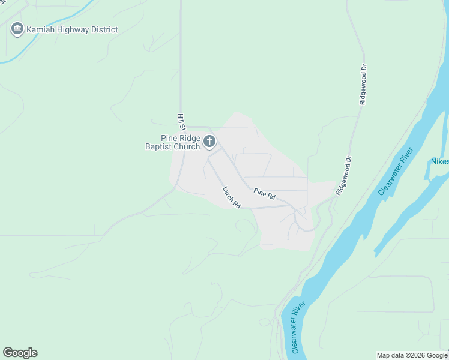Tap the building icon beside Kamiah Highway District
tap(17, 29)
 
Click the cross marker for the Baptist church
tap(209, 142)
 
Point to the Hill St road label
tap(181, 122)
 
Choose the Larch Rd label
tap(231, 197)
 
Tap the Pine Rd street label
tap(264, 194)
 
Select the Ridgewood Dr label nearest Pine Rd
tap(343, 176)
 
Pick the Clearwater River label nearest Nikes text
tap(397, 171)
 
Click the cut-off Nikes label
tap(439, 161)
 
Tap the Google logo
tap(20, 353)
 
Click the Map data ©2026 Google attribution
tap(412, 355)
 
